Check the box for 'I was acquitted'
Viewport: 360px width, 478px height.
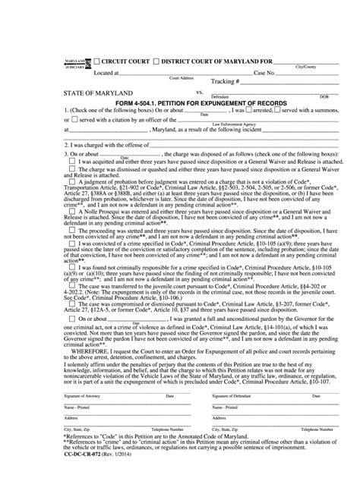click(71, 160)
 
